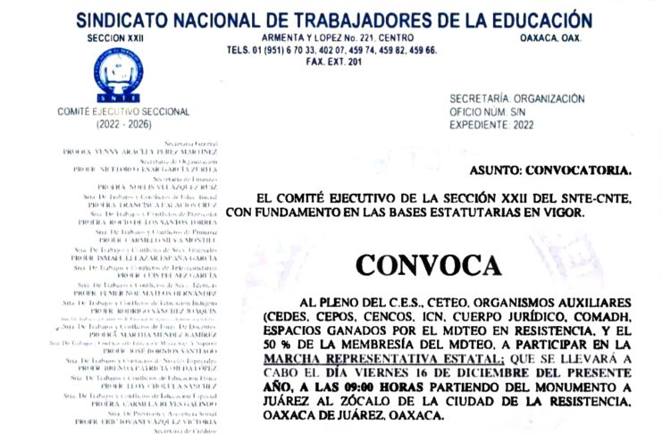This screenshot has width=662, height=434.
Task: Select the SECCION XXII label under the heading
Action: pos(115,38)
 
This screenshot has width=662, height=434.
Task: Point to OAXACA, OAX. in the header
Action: pos(550,38)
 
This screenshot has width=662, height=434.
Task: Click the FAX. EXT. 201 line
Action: pos(334,63)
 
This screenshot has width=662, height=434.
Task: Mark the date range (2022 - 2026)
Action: pos(115,123)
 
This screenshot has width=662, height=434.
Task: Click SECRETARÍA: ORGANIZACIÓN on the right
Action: pos(517,98)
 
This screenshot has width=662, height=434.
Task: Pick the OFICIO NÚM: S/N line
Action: pos(492,112)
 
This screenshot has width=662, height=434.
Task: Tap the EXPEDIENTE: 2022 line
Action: pos(491,125)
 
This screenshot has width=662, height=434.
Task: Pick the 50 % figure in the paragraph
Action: pos(274,344)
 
